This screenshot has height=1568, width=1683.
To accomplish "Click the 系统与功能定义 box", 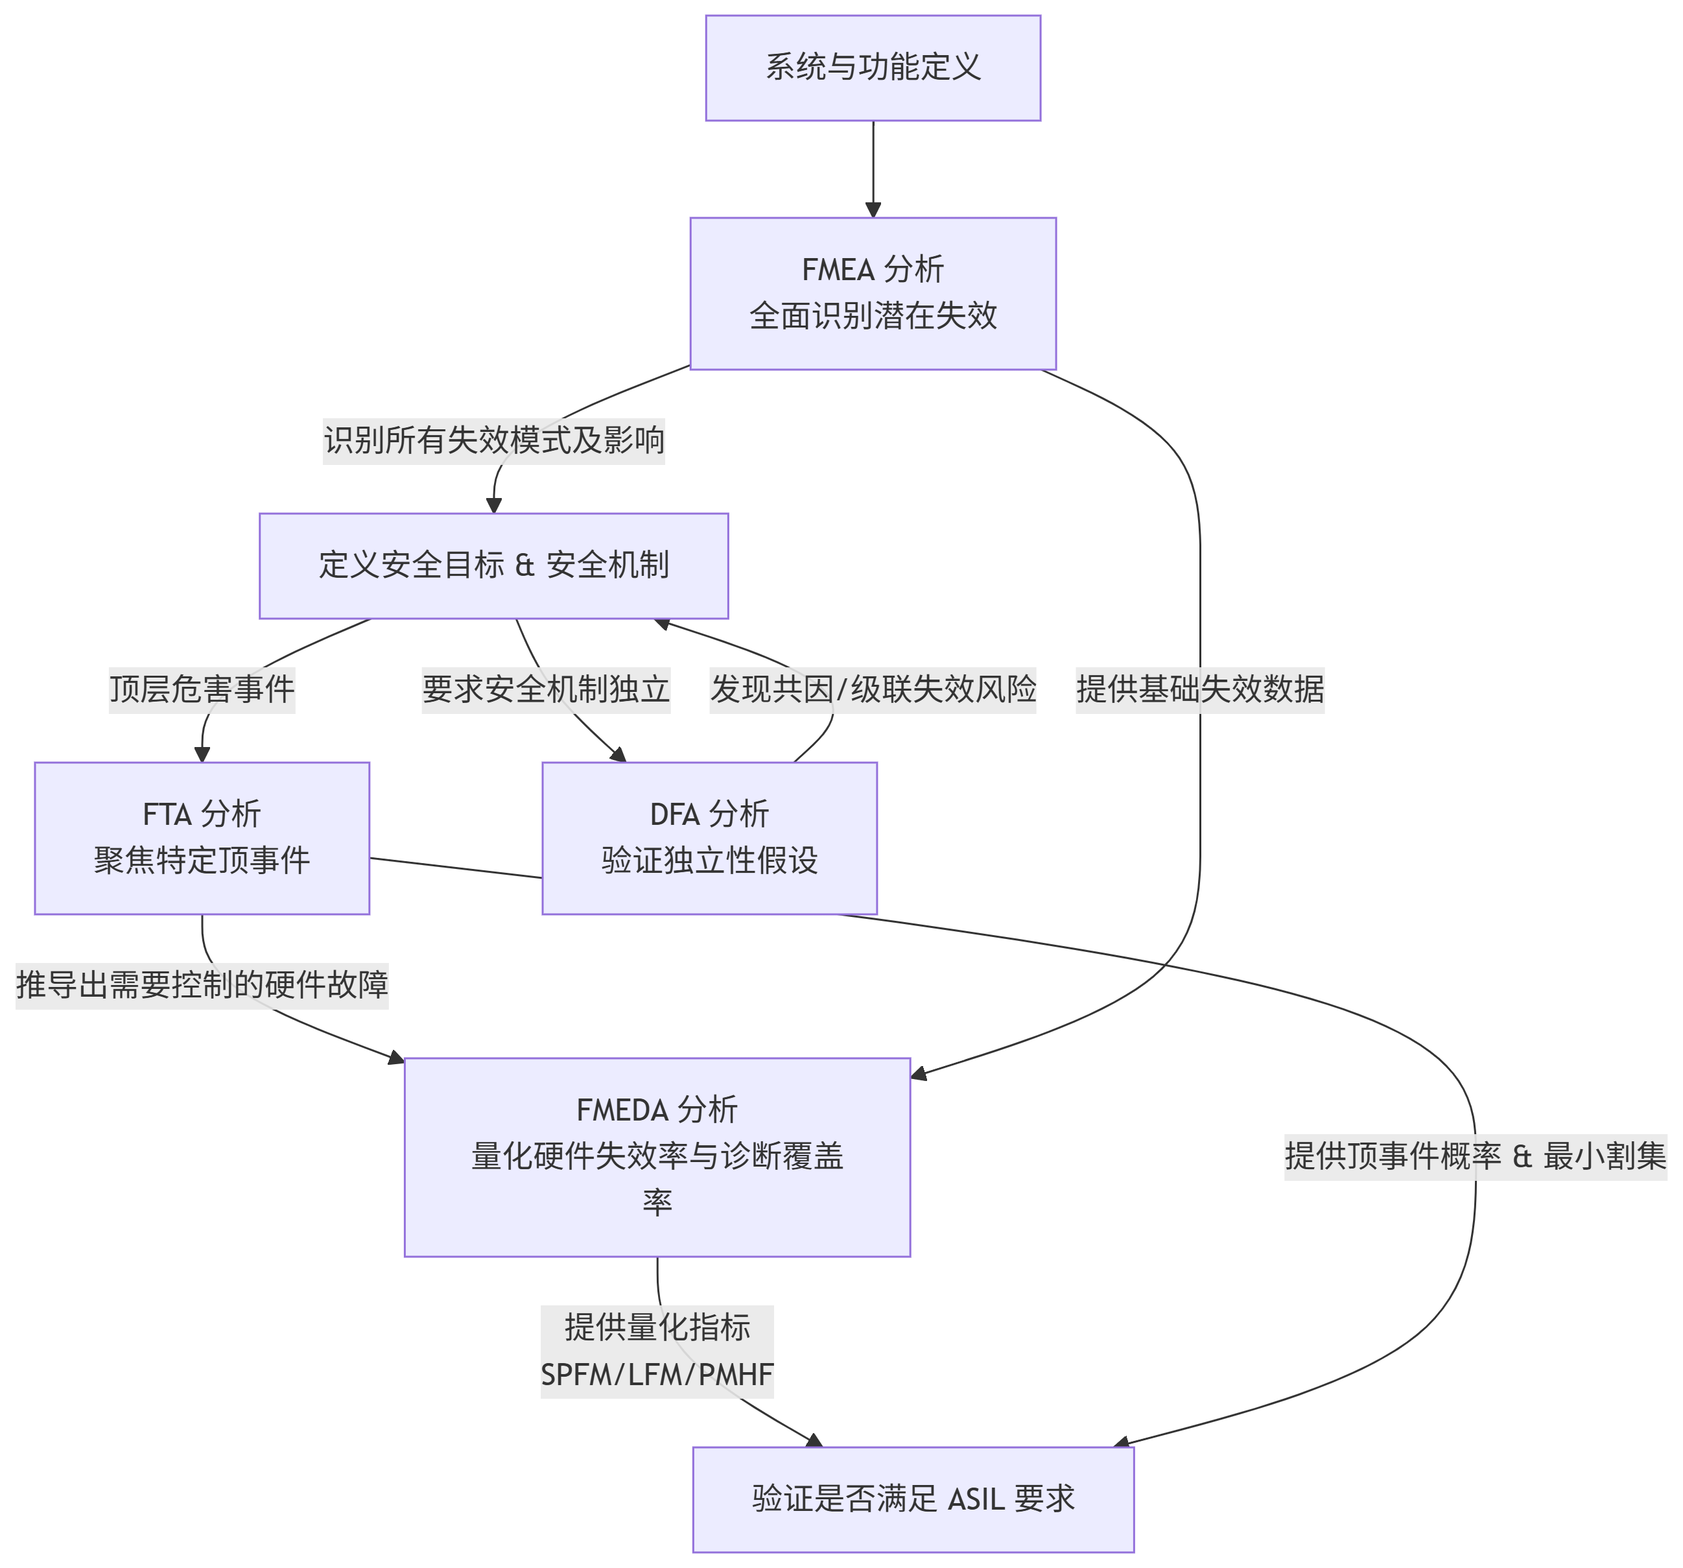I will [x=873, y=67].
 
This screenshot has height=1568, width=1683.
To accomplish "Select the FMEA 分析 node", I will [x=873, y=293].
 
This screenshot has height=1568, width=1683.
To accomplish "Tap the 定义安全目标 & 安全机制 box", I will [x=493, y=565].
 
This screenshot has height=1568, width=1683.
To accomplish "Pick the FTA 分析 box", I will [x=202, y=837].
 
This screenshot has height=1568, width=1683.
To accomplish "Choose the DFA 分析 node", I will [x=709, y=837].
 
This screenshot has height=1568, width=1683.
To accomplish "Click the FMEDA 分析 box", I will [x=657, y=1156].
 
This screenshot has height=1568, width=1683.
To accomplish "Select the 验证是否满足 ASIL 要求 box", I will [x=913, y=1499].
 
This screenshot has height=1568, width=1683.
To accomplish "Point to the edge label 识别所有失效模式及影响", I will [x=493, y=440].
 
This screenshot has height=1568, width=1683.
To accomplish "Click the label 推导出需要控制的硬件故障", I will [x=202, y=984].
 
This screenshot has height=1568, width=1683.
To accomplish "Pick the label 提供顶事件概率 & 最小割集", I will [x=1475, y=1156].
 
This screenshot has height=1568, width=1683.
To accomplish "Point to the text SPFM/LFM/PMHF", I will [x=657, y=1374].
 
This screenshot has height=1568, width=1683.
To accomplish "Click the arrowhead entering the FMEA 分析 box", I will [x=873, y=211].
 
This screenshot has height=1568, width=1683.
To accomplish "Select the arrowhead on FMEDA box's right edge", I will [x=919, y=1075].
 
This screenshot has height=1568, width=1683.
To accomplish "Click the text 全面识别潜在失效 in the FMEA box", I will [x=873, y=316].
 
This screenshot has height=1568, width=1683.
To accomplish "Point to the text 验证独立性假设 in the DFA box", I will [x=709, y=861].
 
